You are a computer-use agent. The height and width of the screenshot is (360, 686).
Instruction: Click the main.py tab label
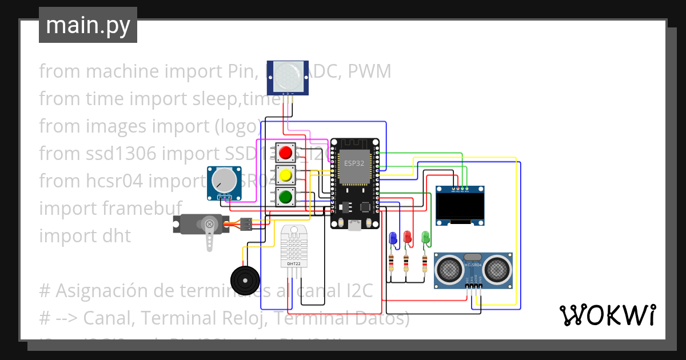click(87, 26)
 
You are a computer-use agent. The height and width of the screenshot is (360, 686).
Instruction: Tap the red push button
click(285, 153)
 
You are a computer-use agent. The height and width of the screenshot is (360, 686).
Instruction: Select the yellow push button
click(285, 175)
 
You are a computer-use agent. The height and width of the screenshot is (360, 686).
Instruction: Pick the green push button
click(285, 197)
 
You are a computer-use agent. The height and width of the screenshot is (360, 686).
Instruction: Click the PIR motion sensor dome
click(287, 74)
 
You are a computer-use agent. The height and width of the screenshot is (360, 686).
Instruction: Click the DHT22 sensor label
click(294, 264)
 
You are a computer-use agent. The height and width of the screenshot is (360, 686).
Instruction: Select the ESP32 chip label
click(353, 163)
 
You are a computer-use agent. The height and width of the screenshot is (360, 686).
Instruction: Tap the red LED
click(408, 236)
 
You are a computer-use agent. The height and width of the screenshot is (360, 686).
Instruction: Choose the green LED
click(425, 236)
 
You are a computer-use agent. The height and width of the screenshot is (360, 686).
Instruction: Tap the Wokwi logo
click(607, 315)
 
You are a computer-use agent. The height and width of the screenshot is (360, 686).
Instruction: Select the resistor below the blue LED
click(392, 263)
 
